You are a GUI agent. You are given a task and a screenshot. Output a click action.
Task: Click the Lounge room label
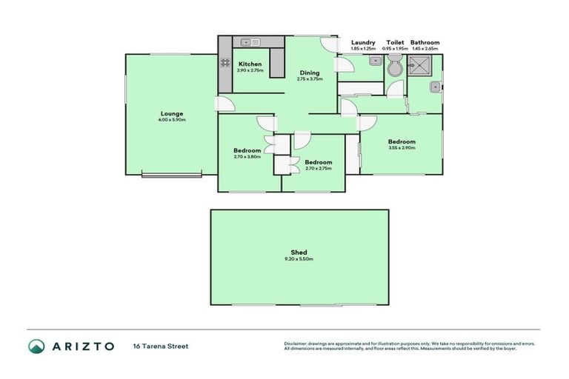coord(171,113)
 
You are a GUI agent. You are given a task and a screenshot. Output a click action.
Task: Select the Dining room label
coord(310,73)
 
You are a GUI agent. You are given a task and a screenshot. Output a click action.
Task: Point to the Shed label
coord(299,252)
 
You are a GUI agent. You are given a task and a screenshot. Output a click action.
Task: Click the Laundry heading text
coord(363,42)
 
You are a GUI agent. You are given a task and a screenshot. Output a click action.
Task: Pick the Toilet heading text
coord(395,42)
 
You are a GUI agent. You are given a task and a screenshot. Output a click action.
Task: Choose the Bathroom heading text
coord(425,42)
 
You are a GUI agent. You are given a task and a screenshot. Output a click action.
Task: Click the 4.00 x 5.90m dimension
coord(171,120)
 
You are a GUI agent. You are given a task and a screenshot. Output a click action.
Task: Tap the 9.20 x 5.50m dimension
coord(299,259)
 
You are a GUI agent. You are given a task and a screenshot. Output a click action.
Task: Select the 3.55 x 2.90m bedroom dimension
coord(402,148)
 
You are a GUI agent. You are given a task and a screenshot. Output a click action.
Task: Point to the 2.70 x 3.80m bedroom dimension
coord(247,157)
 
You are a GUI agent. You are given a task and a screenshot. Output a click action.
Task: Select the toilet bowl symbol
coord(396,69)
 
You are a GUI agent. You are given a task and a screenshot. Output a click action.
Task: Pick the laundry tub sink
coord(376,61)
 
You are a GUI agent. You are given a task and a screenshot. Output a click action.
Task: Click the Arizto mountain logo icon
coord(37,346)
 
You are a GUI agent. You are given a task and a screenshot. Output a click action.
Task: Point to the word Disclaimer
coord(296,343)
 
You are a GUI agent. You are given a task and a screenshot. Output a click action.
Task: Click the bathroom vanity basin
coord(435,88)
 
